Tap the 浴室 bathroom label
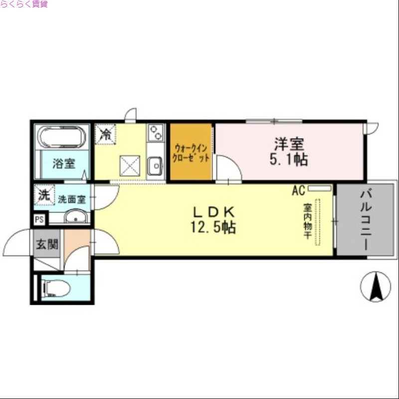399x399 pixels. tap(64, 163)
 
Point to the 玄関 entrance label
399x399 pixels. tap(46, 244)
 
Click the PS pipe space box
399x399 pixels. tap(39, 219)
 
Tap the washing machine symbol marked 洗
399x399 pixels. tap(44, 195)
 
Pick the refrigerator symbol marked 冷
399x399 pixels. tap(106, 134)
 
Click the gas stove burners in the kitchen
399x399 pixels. tap(156, 132)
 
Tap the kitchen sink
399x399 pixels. tap(156, 165)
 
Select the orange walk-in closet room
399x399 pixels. tap(192, 152)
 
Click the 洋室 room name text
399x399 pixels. tap(289, 144)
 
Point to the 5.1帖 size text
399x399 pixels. tap(289, 160)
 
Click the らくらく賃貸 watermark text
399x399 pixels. tap(24, 4)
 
